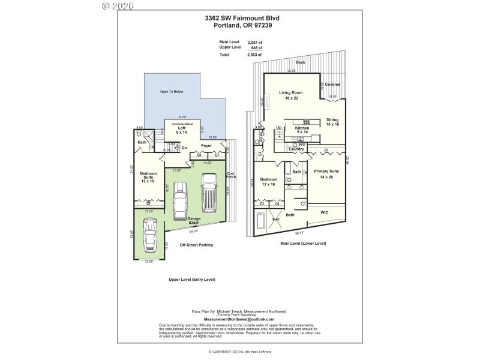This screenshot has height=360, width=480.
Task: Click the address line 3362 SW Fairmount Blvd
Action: coord(242,18)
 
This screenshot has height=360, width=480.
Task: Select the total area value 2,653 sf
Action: coord(255,54)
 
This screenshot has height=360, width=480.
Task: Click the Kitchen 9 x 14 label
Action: coord(302,130)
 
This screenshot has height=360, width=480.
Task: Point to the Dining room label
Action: coord(332,122)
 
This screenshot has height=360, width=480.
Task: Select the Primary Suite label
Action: coord(326,173)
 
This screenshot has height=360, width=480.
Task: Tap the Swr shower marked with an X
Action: coord(276,220)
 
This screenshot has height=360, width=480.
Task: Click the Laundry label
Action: coord(297,149)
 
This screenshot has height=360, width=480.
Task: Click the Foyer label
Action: coord(206,146)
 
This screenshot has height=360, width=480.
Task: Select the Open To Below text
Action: coord(171,91)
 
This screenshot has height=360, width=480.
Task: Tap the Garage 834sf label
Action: coord(193,220)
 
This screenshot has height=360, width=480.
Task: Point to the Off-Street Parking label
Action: coord(196,245)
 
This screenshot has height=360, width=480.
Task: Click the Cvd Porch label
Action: coord(230,176)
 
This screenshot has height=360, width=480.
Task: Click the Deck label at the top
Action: coord(300,62)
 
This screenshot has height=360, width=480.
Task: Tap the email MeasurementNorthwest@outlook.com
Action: coord(239,319)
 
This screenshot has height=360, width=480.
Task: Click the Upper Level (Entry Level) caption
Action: coord(192,280)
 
